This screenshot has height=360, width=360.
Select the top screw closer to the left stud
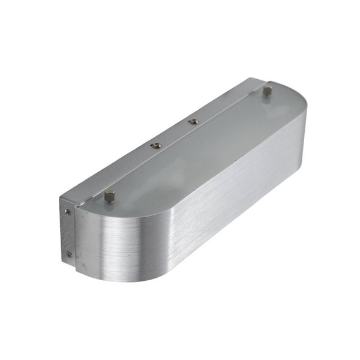(x=155, y=145)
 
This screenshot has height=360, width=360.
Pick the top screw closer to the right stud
(x=193, y=122)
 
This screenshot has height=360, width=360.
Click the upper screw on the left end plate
(x=68, y=211)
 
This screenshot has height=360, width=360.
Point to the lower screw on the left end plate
(x=69, y=254)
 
